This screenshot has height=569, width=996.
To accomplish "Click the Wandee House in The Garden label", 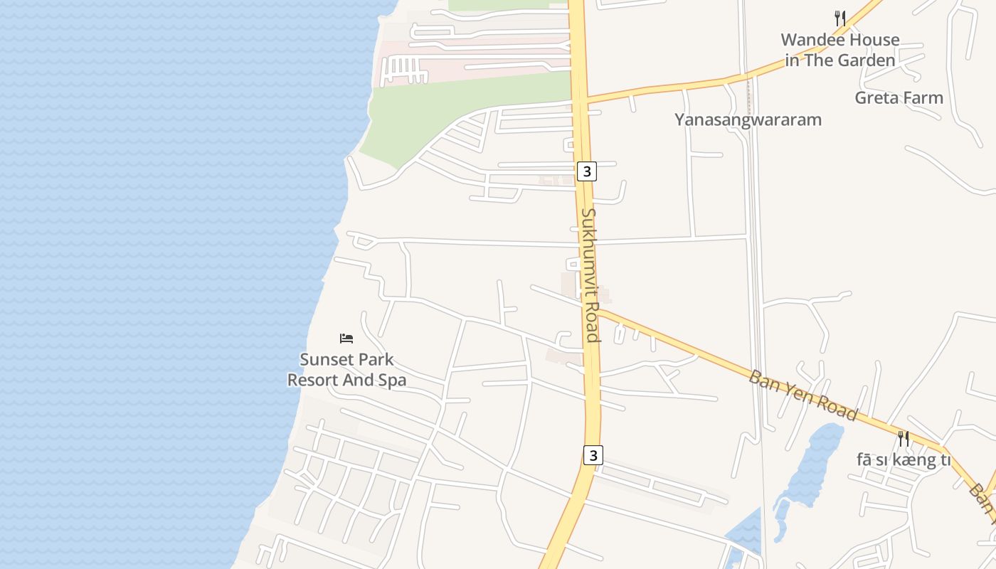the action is pyautogui.click(x=840, y=50).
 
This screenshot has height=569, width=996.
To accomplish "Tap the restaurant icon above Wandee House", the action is pyautogui.click(x=840, y=18).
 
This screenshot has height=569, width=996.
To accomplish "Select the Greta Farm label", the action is pyautogui.click(x=899, y=98).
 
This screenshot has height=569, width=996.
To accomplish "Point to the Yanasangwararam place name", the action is pyautogui.click(x=748, y=119).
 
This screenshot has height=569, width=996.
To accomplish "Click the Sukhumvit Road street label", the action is pyautogui.click(x=589, y=275).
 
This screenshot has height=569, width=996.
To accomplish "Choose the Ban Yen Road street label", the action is pyautogui.click(x=802, y=395).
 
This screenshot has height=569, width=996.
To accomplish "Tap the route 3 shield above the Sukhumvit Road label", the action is pyautogui.click(x=586, y=171).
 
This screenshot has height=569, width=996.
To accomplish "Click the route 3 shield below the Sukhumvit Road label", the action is pyautogui.click(x=593, y=454).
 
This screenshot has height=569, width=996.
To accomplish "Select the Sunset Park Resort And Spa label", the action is pyautogui.click(x=346, y=370).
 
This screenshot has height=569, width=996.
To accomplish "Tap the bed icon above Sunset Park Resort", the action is pyautogui.click(x=346, y=338).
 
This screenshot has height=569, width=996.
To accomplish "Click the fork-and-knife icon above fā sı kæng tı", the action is pyautogui.click(x=904, y=438).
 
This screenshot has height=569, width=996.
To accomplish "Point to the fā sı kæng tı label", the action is pyautogui.click(x=904, y=460).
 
